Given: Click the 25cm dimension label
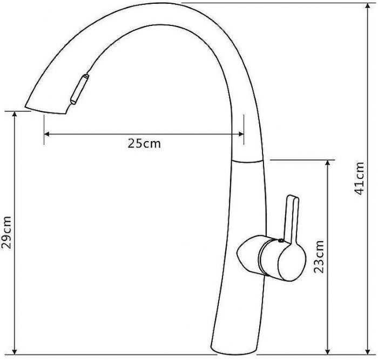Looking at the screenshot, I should coord(144,144).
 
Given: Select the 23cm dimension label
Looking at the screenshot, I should coord(318,257).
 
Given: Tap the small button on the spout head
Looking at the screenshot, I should coord(78,89).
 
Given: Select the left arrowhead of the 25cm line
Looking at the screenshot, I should coord(47,134).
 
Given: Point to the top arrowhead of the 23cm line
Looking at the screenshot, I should coord(328,163).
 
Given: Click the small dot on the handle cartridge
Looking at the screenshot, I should coord(280,240).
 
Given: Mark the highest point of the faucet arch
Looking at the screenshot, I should coord(162,4).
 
